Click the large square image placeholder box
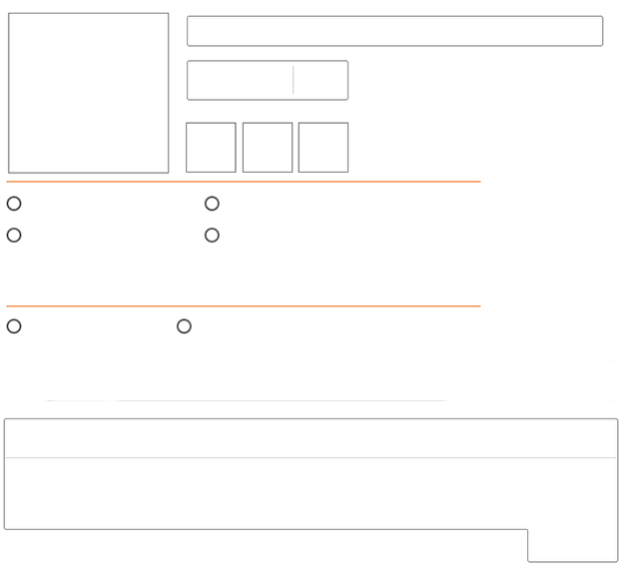[89, 93]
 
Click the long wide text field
[394, 31]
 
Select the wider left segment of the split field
[240, 81]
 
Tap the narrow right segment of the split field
[320, 81]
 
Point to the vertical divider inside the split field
[293, 81]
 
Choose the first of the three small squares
[211, 148]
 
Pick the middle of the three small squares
[268, 148]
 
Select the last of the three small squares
[323, 148]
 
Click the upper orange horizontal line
[243, 182]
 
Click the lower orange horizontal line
[243, 306]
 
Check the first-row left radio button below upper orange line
[14, 204]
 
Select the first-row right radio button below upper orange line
[212, 204]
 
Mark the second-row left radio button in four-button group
[14, 236]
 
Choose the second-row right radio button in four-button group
[212, 236]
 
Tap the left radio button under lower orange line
[14, 326]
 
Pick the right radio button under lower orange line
[184, 326]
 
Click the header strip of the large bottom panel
[311, 438]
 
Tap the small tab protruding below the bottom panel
[572, 546]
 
